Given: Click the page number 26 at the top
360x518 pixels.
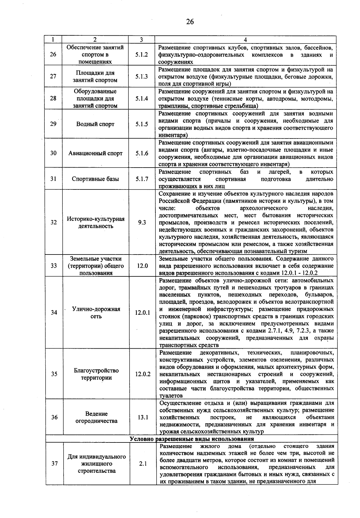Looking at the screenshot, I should pyautogui.click(x=190, y=22).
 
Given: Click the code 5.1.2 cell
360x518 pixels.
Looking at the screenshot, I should pyautogui.click(x=141, y=55).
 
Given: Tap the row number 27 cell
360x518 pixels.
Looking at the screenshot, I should pyautogui.click(x=53, y=76).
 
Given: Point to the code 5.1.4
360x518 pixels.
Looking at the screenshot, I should pyautogui.click(x=141, y=98).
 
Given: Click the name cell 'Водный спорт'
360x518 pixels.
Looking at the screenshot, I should pyautogui.click(x=95, y=124).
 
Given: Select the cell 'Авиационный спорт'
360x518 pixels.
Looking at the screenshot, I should pyautogui.click(x=95, y=153).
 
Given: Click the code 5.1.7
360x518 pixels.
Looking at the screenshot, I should pyautogui.click(x=142, y=179).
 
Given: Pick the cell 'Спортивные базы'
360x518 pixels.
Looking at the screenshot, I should pyautogui.click(x=95, y=179).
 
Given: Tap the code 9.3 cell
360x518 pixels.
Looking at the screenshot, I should pyautogui.click(x=142, y=222).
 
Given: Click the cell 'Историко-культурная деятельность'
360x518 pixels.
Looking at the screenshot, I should pyautogui.click(x=95, y=222).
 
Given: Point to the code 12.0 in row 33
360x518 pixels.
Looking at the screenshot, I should pyautogui.click(x=142, y=266).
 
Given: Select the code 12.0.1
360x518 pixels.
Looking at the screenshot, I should pyautogui.click(x=142, y=313).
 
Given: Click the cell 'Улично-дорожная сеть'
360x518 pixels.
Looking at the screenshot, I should pyautogui.click(x=96, y=313).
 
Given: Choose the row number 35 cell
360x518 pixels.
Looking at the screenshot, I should pyautogui.click(x=54, y=374).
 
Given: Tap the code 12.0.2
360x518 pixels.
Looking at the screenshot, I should pyautogui.click(x=142, y=374).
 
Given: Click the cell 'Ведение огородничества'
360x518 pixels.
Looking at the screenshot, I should pyautogui.click(x=96, y=417).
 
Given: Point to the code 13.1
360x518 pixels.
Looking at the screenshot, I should pyautogui.click(x=143, y=417).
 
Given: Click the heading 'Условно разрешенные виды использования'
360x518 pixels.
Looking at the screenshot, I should pyautogui.click(x=192, y=439).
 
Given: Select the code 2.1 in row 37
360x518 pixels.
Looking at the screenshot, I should pyautogui.click(x=143, y=463).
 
